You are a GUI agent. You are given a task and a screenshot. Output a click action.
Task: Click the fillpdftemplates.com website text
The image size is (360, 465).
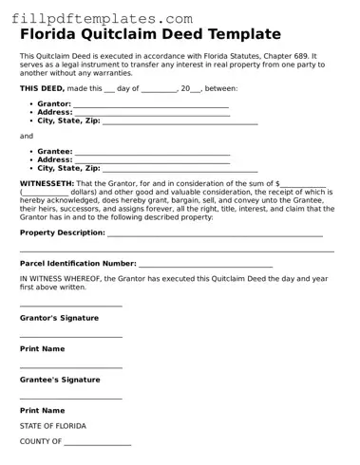85,18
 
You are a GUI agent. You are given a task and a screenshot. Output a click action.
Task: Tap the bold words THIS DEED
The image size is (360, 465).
44,87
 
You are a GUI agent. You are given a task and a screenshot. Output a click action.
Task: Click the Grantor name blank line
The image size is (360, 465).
151,104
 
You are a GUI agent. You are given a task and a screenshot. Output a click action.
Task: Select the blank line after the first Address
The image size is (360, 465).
152,113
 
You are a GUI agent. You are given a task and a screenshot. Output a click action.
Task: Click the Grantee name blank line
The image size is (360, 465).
152,151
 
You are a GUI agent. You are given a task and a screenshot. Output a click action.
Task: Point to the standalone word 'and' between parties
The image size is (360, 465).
27,136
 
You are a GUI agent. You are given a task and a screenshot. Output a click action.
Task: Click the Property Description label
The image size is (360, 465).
62,232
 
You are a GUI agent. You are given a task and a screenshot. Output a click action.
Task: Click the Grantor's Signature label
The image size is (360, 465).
60,318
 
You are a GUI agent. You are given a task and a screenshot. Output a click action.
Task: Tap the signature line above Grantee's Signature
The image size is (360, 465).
71,366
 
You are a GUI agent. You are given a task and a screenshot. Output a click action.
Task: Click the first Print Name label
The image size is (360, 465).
43,349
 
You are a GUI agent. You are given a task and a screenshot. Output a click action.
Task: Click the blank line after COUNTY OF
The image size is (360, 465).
98,442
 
